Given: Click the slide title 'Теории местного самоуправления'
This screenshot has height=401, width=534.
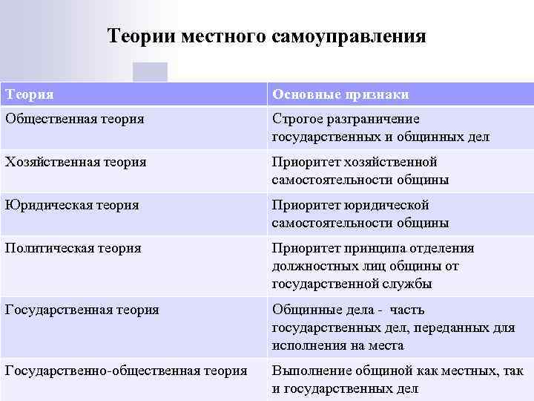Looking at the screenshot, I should (267, 36).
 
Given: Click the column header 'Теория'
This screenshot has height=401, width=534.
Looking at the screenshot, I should (30, 94).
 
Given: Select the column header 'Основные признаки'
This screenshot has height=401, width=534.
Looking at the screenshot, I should (340, 94).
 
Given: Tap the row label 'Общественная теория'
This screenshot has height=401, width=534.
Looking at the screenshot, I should (75, 118).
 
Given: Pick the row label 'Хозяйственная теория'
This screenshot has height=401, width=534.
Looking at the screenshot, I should (76, 161).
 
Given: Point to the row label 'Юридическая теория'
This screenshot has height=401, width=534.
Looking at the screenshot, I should (72, 204).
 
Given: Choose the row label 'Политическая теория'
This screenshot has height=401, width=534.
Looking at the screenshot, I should (73, 247).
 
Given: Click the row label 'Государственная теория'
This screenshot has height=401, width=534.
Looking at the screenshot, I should (82, 309).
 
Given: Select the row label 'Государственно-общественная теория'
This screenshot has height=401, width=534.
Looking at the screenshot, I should (126, 370).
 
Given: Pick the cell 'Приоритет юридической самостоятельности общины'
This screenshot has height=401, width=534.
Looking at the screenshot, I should (360, 214).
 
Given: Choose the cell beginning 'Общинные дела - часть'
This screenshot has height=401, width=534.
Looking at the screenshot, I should (383, 327).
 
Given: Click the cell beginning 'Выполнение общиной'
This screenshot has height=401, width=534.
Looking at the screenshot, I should (398, 379).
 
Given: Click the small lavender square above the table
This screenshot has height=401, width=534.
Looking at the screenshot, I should (150, 72).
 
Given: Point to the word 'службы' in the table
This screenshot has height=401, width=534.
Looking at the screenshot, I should (412, 284).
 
